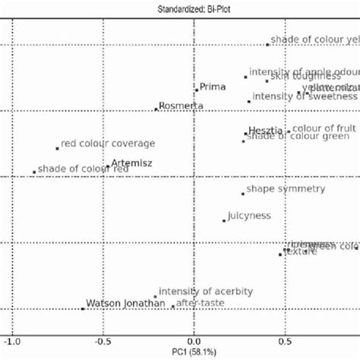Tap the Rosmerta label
(x=182, y=106)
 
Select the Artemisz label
(x=131, y=163)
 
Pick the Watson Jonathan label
(x=125, y=304)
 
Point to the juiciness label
(x=249, y=216)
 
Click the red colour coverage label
(x=108, y=143)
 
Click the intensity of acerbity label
(x=206, y=292)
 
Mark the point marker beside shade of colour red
(x=34, y=172)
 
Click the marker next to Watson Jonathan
(x=83, y=308)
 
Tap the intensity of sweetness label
(x=304, y=96)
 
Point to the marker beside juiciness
(x=224, y=220)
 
